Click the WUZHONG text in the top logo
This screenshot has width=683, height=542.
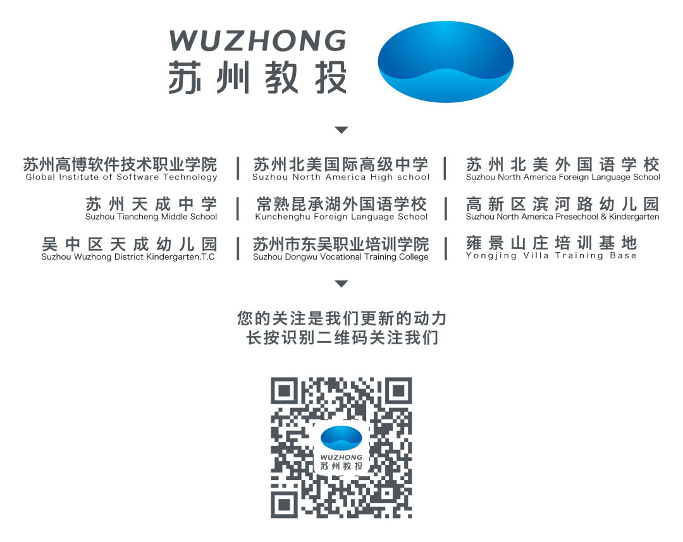(x=257, y=41)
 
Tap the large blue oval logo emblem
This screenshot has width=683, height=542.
(x=445, y=61)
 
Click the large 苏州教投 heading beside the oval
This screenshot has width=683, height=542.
(x=257, y=78)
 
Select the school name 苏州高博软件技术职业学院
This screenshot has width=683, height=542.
(x=120, y=165)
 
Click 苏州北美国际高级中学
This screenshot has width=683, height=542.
(x=341, y=165)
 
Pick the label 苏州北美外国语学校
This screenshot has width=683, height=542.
(x=562, y=165)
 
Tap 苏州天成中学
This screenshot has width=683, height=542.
(x=152, y=204)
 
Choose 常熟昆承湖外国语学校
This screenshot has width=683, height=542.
(x=341, y=204)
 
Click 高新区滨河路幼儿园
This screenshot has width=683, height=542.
(x=562, y=204)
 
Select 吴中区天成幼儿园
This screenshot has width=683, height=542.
(x=130, y=244)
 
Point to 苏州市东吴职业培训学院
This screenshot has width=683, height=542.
(x=341, y=244)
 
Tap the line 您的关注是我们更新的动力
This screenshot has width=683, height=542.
(x=341, y=318)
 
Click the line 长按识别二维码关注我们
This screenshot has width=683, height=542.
(x=341, y=338)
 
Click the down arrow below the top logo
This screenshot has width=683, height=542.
(x=341, y=130)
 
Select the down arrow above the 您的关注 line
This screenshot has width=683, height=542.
(x=341, y=284)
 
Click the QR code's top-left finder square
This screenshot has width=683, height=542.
(x=285, y=392)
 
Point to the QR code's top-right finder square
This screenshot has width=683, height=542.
(x=398, y=392)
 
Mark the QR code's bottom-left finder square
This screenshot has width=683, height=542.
(x=285, y=503)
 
